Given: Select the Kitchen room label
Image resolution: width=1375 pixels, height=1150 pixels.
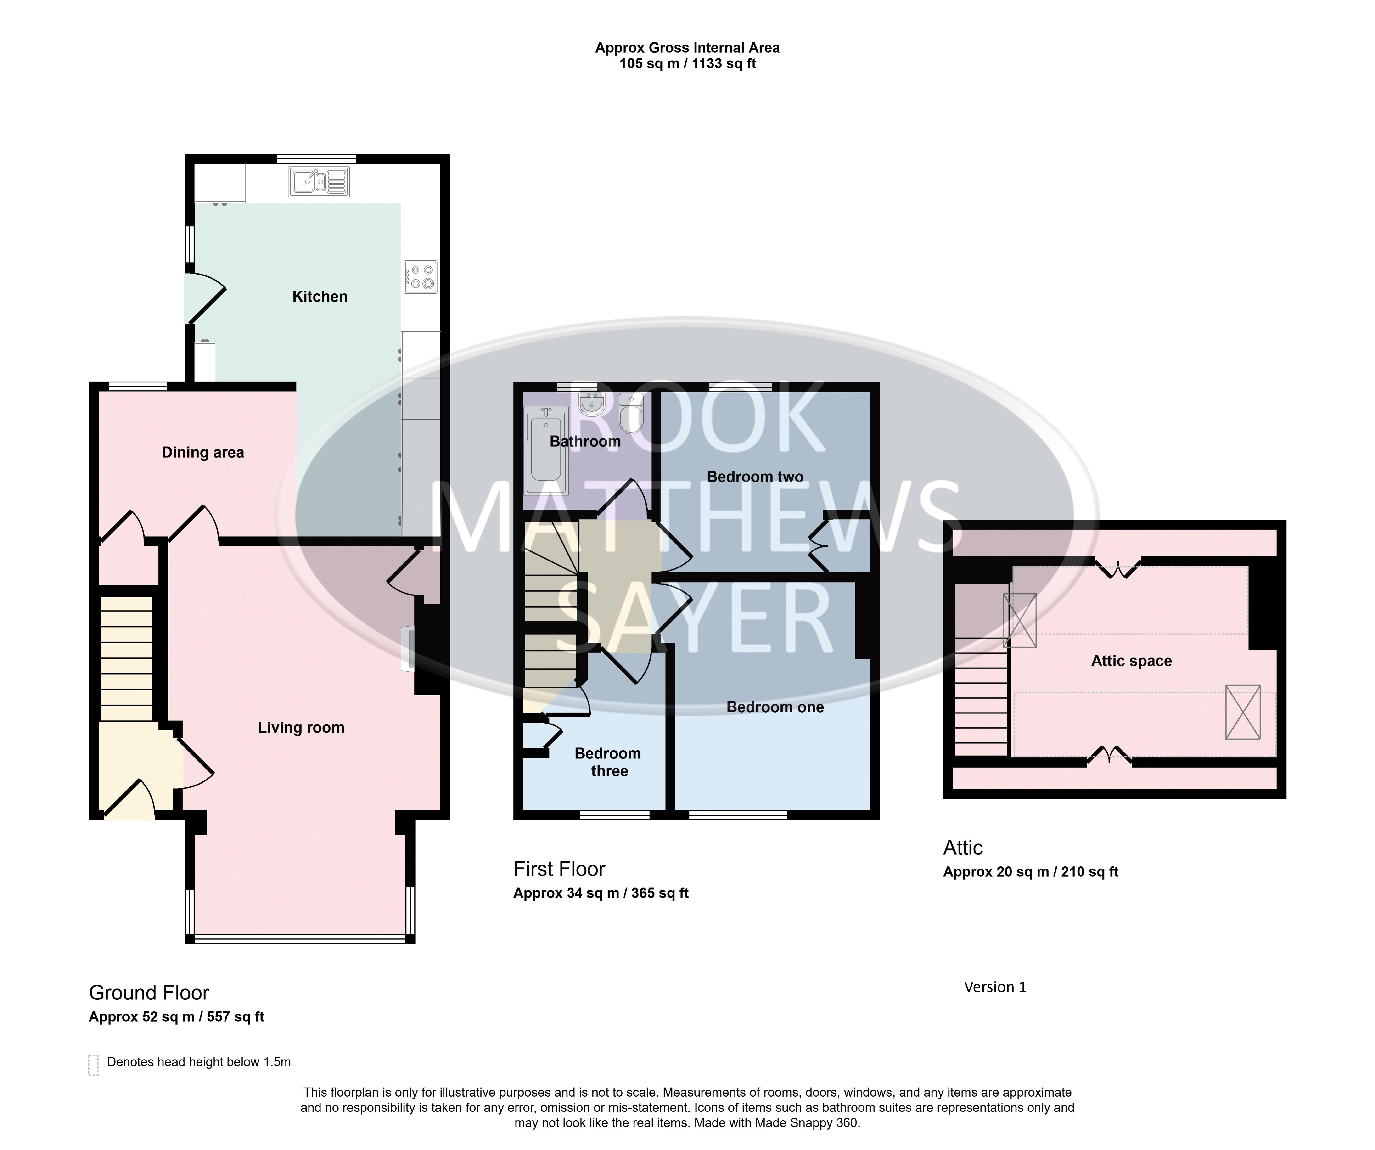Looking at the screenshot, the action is coord(320,297).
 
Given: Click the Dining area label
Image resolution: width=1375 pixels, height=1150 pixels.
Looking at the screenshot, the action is coord(203,453).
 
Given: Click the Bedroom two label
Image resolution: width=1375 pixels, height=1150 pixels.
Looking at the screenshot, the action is coord(755,477).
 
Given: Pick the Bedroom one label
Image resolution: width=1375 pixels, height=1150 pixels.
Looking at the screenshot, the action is coord(775,707).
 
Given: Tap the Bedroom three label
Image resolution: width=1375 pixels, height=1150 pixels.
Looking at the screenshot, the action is coord(608,762).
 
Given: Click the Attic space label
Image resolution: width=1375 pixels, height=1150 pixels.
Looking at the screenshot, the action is coord(1131,661).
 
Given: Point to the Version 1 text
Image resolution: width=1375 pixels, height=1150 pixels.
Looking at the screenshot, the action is coord(995,987).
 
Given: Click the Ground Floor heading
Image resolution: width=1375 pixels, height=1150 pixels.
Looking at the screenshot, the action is coord(149,993).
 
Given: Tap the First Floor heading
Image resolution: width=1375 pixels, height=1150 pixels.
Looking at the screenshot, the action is coord(559,869).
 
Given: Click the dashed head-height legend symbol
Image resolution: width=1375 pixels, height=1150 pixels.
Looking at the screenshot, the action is coord(94,1065).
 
